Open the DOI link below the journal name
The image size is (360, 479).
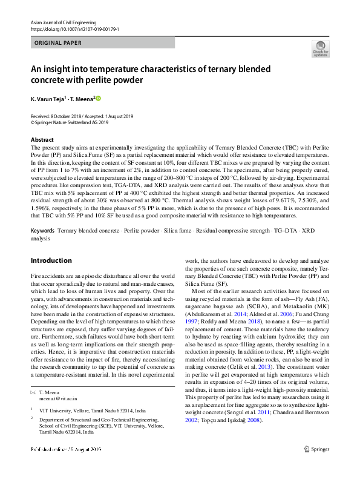click(x=74, y=28)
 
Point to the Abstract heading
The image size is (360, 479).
click(x=42, y=140)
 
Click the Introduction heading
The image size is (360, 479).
click(x=51, y=260)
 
